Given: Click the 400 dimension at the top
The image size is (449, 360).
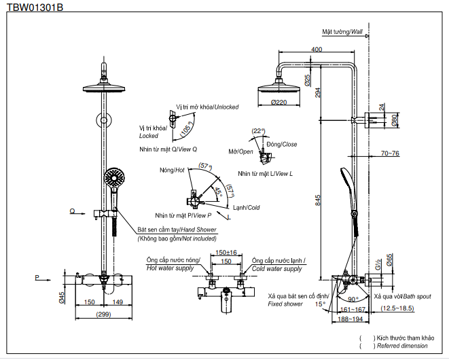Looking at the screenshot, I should pos(317,50).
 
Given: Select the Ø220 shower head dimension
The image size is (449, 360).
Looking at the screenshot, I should pos(279,102).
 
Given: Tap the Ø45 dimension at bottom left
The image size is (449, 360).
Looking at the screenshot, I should pos(62,297).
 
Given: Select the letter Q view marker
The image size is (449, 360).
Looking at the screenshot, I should pos(72,211).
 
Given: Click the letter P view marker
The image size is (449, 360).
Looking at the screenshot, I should pos(38,277).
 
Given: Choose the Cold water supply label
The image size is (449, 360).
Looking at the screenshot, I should pos(277,269).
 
